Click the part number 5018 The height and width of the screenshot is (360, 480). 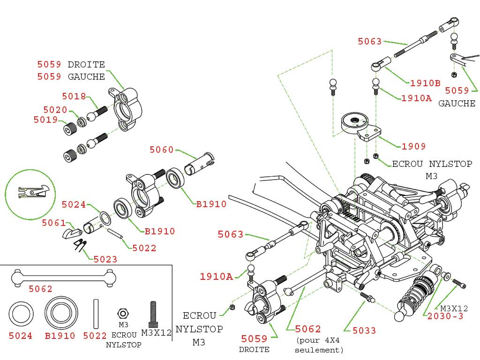coord(74,97)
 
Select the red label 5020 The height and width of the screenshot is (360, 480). coord(55,110)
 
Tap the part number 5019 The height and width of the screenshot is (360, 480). coord(45,120)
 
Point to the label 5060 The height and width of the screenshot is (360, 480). coord(162,150)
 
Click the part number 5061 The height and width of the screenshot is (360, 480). coord(54,223)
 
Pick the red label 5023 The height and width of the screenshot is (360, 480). coord(105,259)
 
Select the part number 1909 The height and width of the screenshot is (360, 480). coord(413,147)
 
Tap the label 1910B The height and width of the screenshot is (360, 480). coord(425,83)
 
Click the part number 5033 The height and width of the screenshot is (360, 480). coord(364,331)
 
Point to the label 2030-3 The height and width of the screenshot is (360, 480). coord(445,316)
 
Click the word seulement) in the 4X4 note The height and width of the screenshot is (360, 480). coord(319,350)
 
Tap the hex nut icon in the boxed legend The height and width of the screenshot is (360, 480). coord(122,313)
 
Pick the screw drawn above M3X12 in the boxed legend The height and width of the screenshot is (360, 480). coord(153,315)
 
